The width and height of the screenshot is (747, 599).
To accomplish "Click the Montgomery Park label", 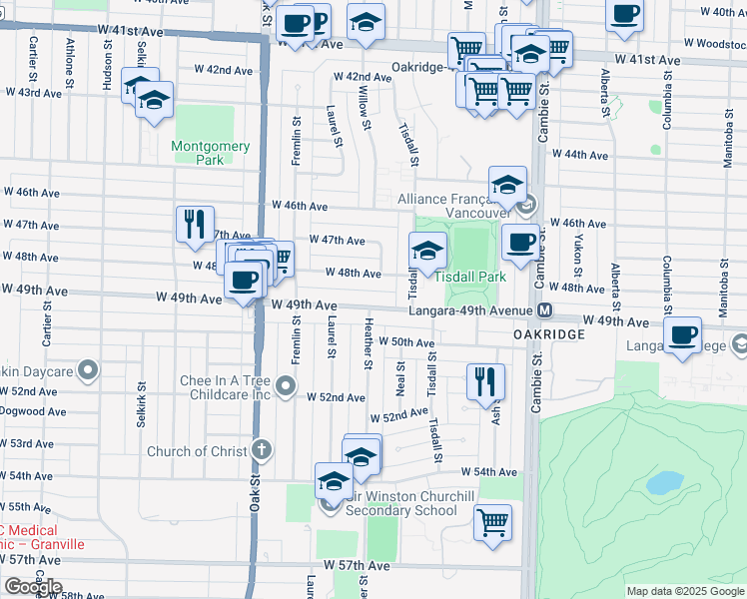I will pyautogui.click(x=210, y=153).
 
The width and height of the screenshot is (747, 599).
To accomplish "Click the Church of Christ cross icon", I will pyautogui.click(x=262, y=450).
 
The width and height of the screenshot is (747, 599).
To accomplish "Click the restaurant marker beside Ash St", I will pyautogui.click(x=485, y=381).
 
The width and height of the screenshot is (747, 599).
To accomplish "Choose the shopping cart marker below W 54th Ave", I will pyautogui.click(x=492, y=522).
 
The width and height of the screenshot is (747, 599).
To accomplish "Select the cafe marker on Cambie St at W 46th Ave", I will pyautogui.click(x=520, y=241).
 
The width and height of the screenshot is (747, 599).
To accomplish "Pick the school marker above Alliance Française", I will pyautogui.click(x=508, y=183).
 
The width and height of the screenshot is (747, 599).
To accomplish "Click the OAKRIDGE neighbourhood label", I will pyautogui.click(x=549, y=333).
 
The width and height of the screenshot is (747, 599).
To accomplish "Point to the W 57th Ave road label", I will pyautogui.click(x=362, y=566).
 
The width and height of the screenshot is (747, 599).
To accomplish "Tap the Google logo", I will pyautogui.click(x=33, y=587).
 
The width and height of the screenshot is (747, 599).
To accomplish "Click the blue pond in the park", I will pyautogui.click(x=664, y=484).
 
